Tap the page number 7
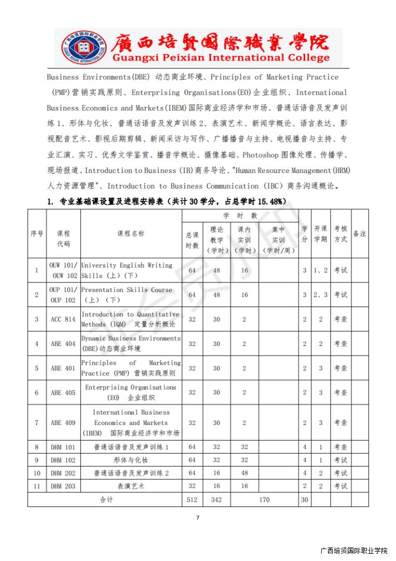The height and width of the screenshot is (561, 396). click(198, 517)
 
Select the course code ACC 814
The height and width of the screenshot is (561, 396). click(63, 319)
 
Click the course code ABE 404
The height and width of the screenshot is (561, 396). click(63, 344)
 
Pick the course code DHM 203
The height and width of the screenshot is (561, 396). click(63, 486)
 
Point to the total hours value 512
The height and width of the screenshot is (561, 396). click(192, 500)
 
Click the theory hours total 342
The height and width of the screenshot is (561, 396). click(216, 500)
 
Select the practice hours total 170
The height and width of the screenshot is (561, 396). click(264, 500)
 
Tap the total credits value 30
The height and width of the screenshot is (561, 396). click(305, 500)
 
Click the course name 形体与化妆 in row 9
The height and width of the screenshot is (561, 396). click(131, 460)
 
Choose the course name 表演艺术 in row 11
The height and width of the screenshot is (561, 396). click(131, 486)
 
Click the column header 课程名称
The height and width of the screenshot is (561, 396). click(131, 234)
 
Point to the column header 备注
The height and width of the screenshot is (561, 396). click(360, 234)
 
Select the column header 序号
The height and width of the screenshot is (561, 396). click(37, 234)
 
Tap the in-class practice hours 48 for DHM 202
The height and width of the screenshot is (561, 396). click(244, 473)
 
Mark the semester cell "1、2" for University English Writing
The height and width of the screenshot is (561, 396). click(321, 271)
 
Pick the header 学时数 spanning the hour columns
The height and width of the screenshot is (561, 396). click(240, 216)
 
